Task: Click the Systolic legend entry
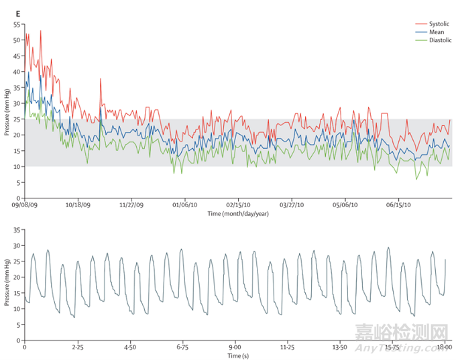[437, 23]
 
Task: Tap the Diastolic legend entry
[438, 40]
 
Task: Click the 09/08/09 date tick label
[25, 206]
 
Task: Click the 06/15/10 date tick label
[398, 206]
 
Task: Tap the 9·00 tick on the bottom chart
[235, 348]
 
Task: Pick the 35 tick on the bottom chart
[17, 229]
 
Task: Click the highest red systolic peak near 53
[41, 30]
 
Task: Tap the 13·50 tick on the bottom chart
[340, 348]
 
